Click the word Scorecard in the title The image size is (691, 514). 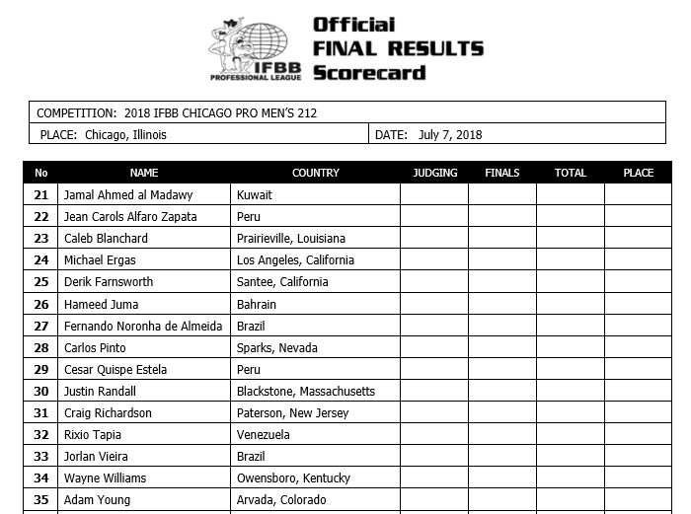tap(368, 72)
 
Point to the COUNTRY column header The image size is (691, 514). tap(315, 173)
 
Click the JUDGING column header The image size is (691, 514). tap(434, 173)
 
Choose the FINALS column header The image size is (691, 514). tap(502, 173)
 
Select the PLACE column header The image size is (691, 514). tap(638, 173)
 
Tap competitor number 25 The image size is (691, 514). tap(40, 282)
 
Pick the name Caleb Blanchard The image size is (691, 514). tap(107, 239)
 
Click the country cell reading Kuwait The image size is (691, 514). tap(255, 195)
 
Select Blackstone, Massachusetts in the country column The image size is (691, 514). tap(306, 392)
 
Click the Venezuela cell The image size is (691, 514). tap(264, 435)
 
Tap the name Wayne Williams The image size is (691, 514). tap(105, 478)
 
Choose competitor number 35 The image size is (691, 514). tap(40, 500)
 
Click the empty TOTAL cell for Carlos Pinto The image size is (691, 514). tap(570, 348)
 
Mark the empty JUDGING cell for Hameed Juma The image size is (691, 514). tap(434, 305)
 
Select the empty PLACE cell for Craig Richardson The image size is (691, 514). tap(638, 413)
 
